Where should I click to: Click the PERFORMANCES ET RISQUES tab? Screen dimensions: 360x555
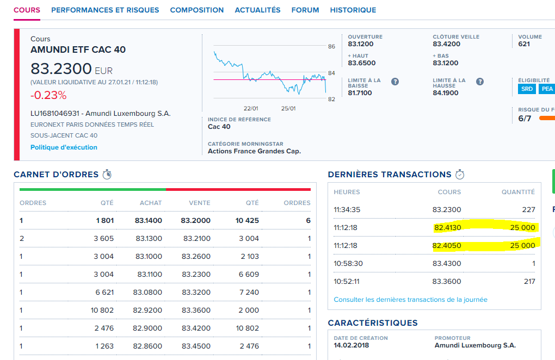105,10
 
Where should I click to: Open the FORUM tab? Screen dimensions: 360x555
305,10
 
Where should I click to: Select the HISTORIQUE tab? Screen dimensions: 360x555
353,10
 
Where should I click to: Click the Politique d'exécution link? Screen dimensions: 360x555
64,147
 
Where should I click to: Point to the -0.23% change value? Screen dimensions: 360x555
48,95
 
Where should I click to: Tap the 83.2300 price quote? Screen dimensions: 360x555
61,69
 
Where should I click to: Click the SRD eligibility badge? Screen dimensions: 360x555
527,89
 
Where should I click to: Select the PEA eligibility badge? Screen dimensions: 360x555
546,89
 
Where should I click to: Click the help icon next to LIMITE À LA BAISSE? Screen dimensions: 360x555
395,82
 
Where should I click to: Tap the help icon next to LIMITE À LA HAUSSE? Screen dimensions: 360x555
480,82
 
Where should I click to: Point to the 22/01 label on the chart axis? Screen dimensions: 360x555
251,108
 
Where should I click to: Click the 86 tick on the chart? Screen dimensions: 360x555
331,47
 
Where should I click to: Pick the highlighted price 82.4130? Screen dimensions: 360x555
447,227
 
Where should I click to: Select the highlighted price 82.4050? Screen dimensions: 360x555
447,245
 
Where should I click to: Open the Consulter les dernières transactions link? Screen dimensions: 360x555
410,300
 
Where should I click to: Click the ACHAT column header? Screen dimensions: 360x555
151,203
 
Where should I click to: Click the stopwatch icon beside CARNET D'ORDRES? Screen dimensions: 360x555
107,175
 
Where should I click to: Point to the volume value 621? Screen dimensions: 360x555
524,44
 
